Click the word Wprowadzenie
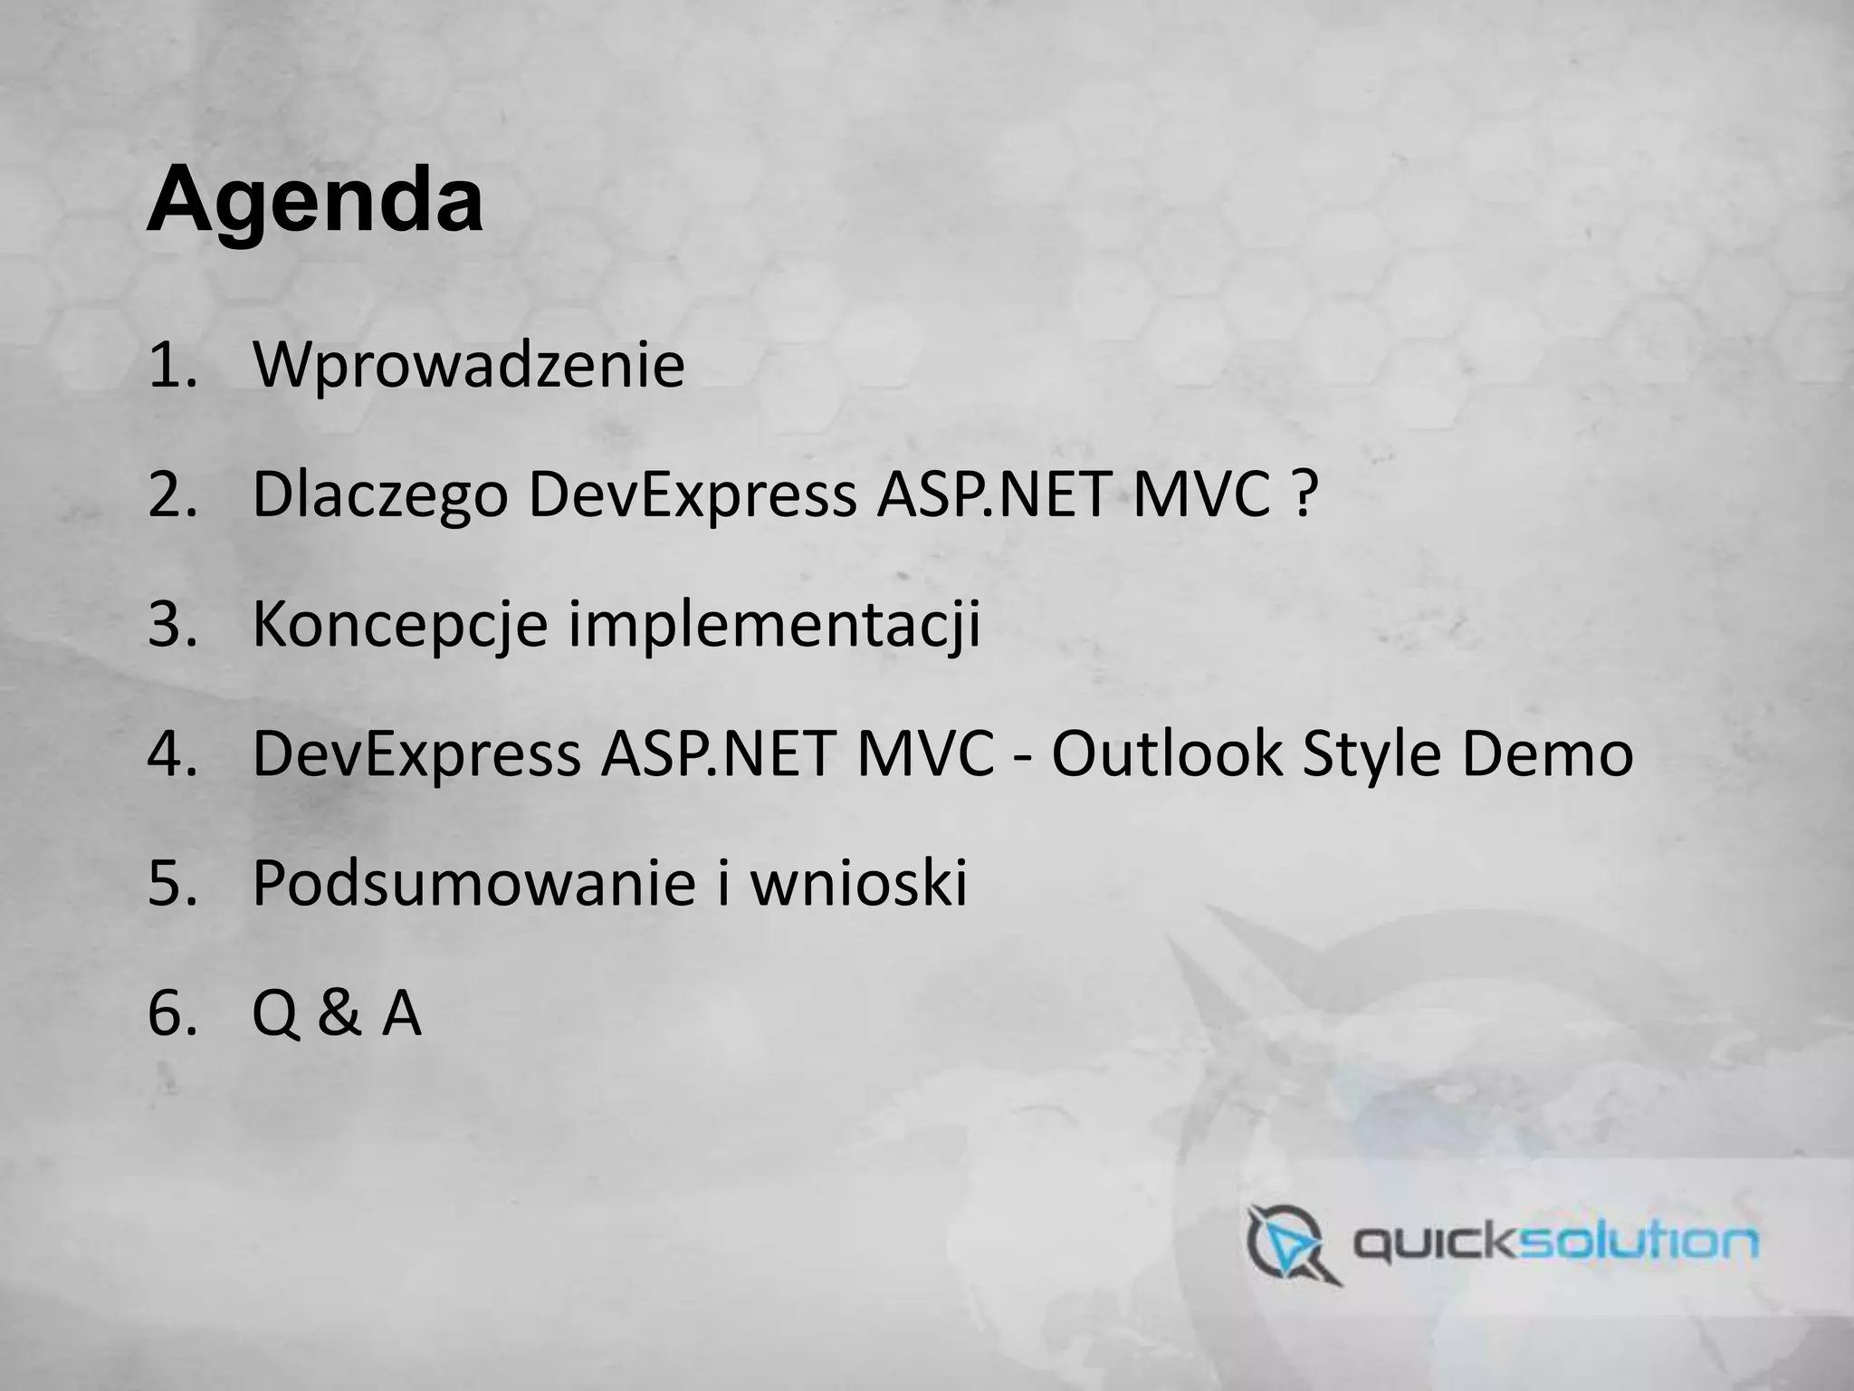click(x=468, y=365)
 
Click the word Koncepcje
click(x=399, y=624)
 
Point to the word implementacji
click(x=774, y=624)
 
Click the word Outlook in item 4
click(x=1166, y=753)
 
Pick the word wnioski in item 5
click(x=859, y=883)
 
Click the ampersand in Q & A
click(x=338, y=1013)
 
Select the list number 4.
click(x=171, y=754)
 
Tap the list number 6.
click(x=171, y=1013)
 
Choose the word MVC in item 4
click(x=924, y=753)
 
